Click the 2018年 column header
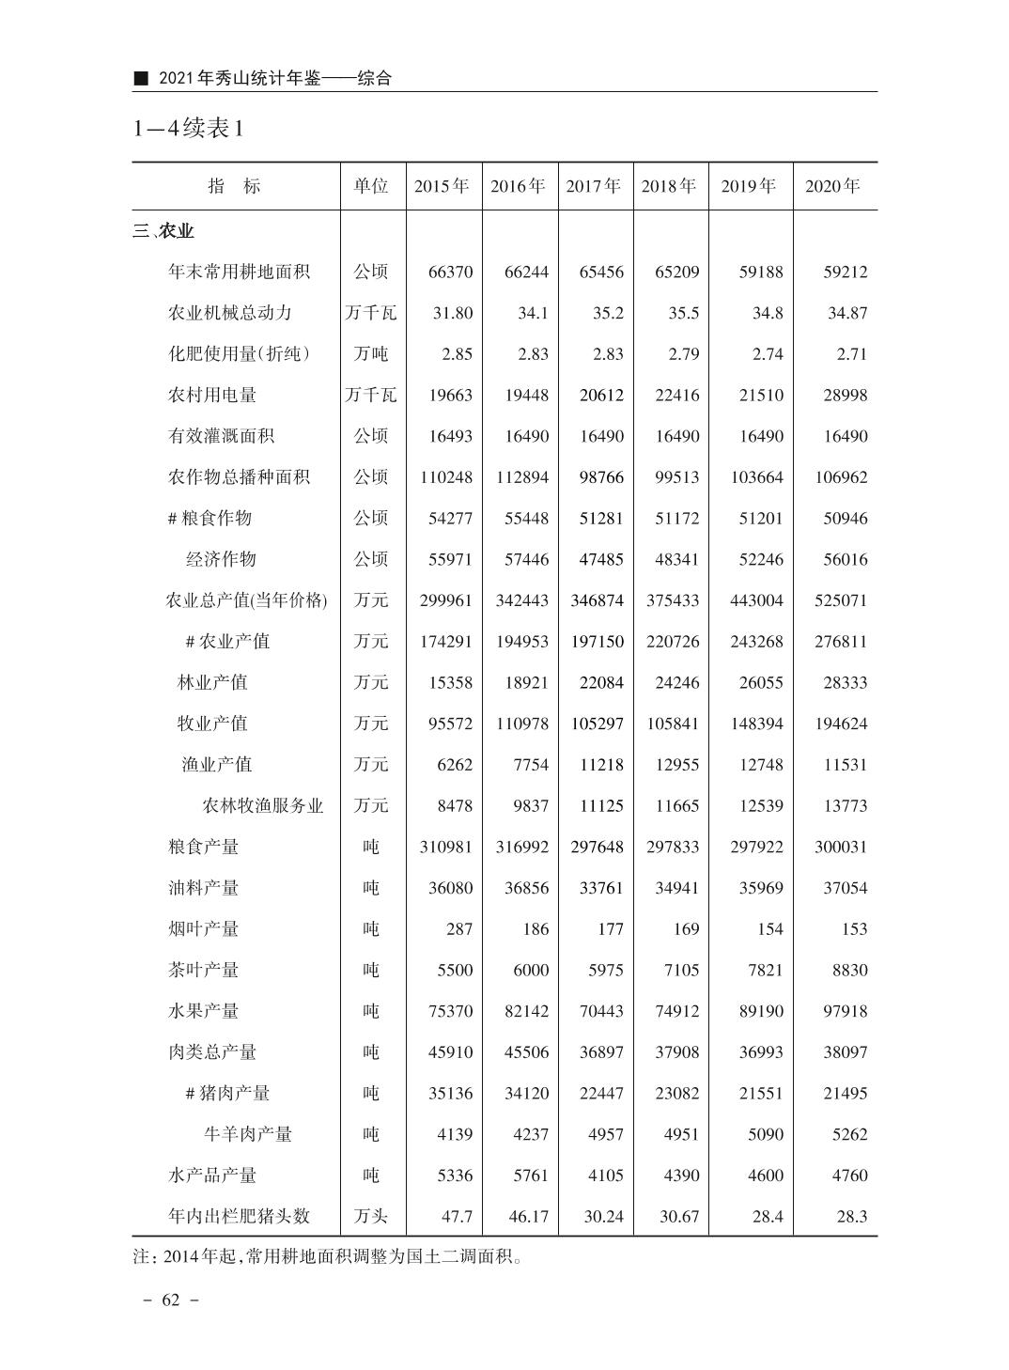669,186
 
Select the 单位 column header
371,186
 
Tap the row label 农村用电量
212,396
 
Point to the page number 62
170,1300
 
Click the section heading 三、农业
164,231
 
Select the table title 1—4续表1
189,129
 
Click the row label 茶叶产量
204,970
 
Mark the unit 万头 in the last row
371,1216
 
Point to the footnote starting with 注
328,1256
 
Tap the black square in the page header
142,79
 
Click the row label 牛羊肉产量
248,1134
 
